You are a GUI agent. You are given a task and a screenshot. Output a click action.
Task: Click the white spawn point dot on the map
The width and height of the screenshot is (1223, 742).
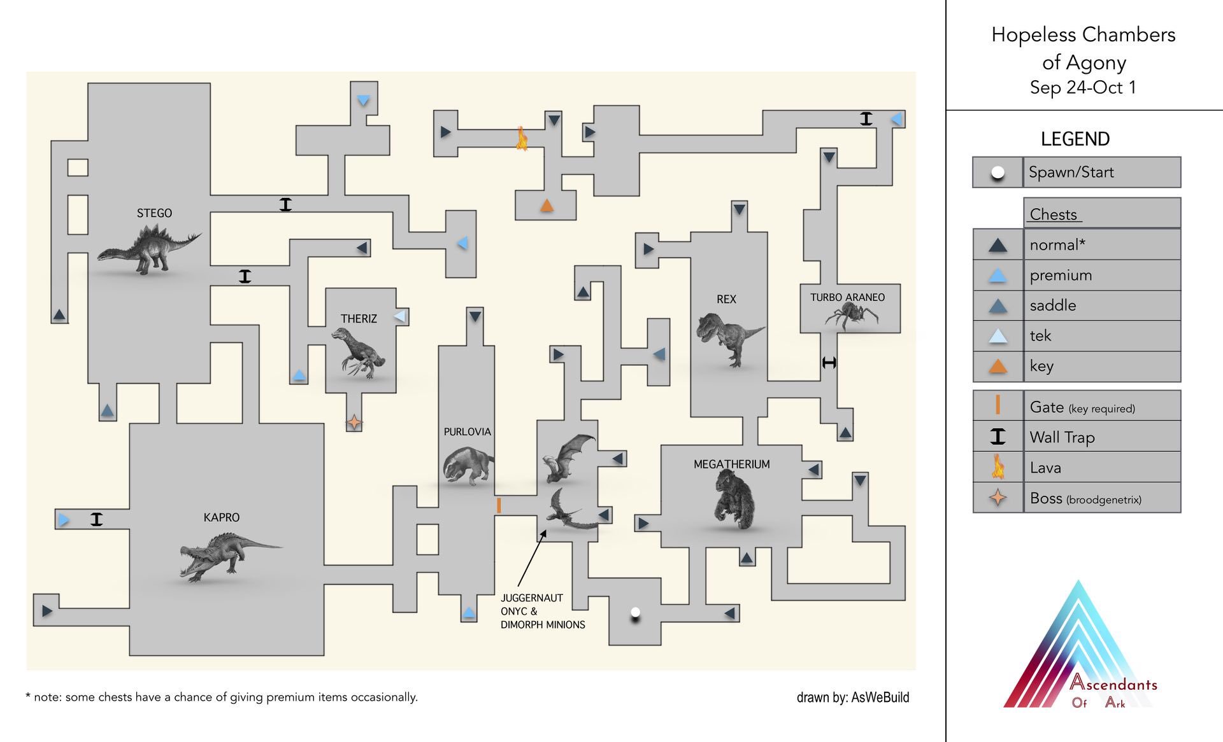click(x=635, y=613)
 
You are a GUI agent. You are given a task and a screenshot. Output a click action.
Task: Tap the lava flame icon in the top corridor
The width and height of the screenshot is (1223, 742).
click(x=522, y=138)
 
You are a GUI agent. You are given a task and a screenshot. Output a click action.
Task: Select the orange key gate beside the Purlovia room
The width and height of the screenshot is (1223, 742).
click(x=499, y=505)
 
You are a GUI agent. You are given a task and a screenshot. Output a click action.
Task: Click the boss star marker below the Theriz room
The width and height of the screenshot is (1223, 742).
click(x=354, y=422)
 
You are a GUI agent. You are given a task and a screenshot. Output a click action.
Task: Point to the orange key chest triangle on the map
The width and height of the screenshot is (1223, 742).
click(x=547, y=206)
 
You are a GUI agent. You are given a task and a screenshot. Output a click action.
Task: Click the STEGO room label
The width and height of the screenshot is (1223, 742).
click(x=154, y=213)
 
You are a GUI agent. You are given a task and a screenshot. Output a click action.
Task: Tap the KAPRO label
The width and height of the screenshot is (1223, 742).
click(x=222, y=517)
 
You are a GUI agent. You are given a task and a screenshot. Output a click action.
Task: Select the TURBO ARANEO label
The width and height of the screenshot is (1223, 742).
click(x=847, y=297)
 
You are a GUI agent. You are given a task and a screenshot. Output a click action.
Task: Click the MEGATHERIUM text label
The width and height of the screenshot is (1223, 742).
click(x=731, y=465)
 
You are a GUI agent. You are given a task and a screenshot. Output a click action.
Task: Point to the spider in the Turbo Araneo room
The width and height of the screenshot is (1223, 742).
click(x=850, y=314)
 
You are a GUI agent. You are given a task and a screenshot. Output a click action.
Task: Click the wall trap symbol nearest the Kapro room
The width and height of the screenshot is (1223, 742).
click(x=96, y=519)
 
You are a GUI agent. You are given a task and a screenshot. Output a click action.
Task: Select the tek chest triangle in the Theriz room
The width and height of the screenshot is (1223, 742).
click(x=400, y=316)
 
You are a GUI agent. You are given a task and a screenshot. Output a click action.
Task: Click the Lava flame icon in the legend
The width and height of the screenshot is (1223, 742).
click(x=998, y=467)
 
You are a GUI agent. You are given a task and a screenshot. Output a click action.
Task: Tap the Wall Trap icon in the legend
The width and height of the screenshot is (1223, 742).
click(x=998, y=437)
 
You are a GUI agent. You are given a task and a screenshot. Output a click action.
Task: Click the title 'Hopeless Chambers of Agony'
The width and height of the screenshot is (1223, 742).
click(x=1083, y=48)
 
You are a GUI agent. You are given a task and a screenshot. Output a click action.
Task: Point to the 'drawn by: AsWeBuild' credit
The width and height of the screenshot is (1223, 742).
click(x=852, y=697)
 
